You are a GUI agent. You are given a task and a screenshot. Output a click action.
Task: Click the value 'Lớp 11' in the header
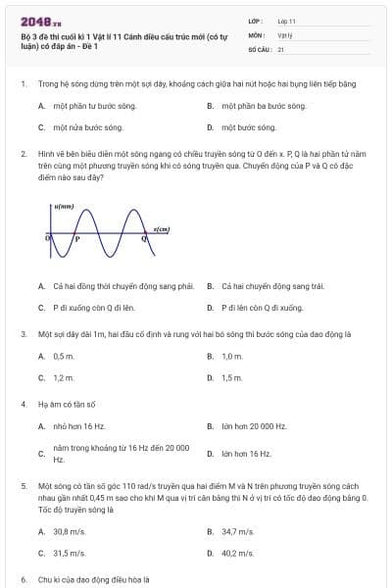tap(287, 21)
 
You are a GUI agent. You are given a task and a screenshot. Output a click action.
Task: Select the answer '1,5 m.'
tap(231, 378)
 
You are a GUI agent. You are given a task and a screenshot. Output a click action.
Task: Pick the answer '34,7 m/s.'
tap(237, 531)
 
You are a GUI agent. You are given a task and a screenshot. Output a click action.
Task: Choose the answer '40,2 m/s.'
tap(237, 554)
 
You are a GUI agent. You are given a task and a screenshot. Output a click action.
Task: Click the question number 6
tap(23, 579)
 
